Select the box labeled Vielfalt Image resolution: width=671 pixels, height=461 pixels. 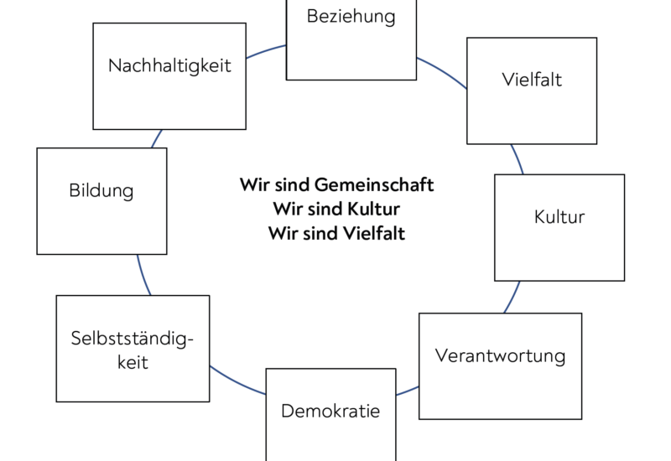coord(532,91)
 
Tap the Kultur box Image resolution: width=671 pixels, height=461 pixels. coord(559,227)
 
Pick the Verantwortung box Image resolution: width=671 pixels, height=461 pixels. coord(500,365)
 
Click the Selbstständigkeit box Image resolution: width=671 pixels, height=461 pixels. coord(133,348)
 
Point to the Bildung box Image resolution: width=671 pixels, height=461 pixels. coord(101,201)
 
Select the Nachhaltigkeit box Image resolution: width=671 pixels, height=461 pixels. coord(169,75)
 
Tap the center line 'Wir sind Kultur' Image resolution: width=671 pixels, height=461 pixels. coord(336,209)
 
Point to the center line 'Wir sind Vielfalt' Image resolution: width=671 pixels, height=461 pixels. coord(336,234)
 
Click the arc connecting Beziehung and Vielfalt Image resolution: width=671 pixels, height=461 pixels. coord(443,71)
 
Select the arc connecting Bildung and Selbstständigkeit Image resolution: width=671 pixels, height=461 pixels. coord(143,275)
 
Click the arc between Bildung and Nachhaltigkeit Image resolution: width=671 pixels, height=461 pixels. coord(157,138)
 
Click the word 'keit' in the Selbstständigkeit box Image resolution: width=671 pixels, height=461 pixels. coord(133,363)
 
